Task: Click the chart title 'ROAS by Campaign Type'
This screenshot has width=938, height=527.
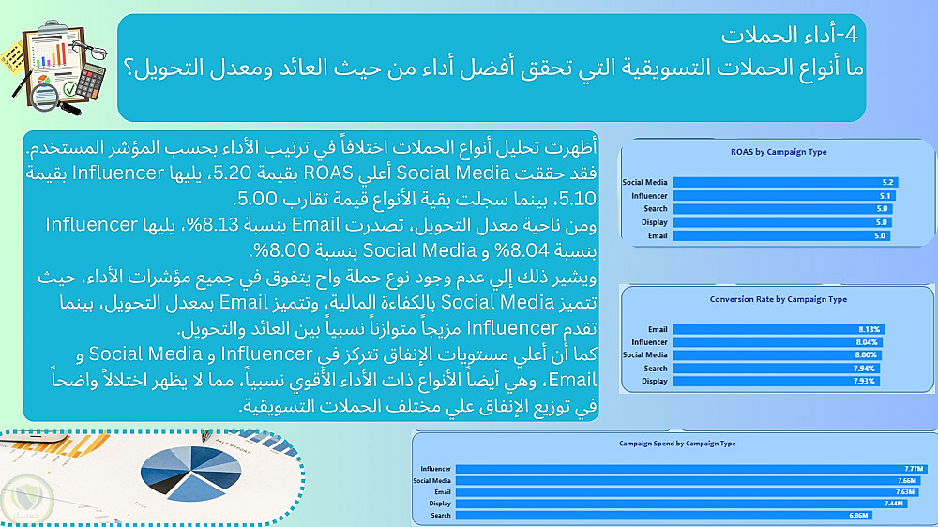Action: pos(779,152)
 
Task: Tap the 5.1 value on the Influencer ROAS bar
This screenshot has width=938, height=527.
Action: pos(885,196)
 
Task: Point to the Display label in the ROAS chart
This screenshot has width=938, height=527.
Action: pos(655,222)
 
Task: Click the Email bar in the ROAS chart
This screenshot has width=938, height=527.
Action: pos(781,235)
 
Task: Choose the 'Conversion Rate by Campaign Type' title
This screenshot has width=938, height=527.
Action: pos(779,299)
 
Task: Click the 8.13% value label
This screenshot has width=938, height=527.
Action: pos(869,329)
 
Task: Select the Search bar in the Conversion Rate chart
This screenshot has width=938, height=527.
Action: pos(777,369)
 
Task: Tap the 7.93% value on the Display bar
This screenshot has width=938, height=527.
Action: pos(864,381)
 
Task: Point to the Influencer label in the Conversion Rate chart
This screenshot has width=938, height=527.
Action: pos(649,342)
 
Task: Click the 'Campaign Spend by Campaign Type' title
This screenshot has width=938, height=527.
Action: pos(677,444)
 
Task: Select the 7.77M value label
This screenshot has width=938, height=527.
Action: pos(914,469)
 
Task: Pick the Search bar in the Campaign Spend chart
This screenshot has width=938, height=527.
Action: pos(664,515)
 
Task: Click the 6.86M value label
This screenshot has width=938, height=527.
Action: pos(858,515)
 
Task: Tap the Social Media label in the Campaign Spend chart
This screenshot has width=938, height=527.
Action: pos(431,480)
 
